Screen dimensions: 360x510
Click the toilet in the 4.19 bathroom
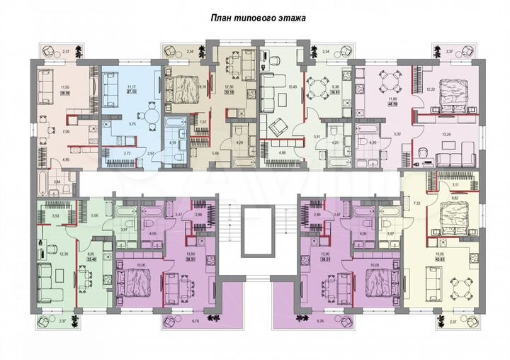[x=180, y=149]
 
